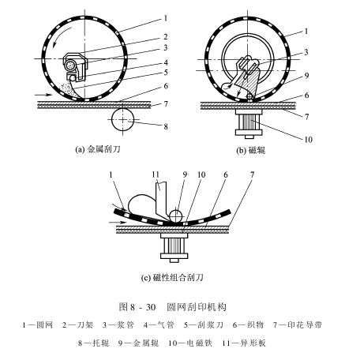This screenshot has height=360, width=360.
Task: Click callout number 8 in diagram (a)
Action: point(166,126)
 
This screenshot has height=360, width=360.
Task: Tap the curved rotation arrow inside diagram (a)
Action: point(60,36)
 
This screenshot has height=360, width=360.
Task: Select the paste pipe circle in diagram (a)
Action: point(70,65)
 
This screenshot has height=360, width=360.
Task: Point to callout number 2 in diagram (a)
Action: point(165,37)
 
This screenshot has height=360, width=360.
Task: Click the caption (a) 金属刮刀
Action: point(98,149)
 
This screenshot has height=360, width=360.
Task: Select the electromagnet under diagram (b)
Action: point(249,123)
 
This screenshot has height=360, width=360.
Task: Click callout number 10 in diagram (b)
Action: point(308,140)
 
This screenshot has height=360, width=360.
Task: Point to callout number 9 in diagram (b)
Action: point(306,76)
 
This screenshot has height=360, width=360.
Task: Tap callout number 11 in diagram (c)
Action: point(156,174)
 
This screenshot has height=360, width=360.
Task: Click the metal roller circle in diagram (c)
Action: point(176,216)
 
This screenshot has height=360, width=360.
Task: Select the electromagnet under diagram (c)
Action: point(174,247)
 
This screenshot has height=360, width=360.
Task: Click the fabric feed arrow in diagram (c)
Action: point(118,223)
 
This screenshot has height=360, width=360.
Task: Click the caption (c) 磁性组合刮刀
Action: point(172,278)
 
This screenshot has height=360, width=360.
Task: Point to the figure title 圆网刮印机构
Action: point(197,307)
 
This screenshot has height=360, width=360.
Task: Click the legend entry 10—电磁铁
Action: point(190,343)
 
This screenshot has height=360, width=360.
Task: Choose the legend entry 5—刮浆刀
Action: point(204,325)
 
